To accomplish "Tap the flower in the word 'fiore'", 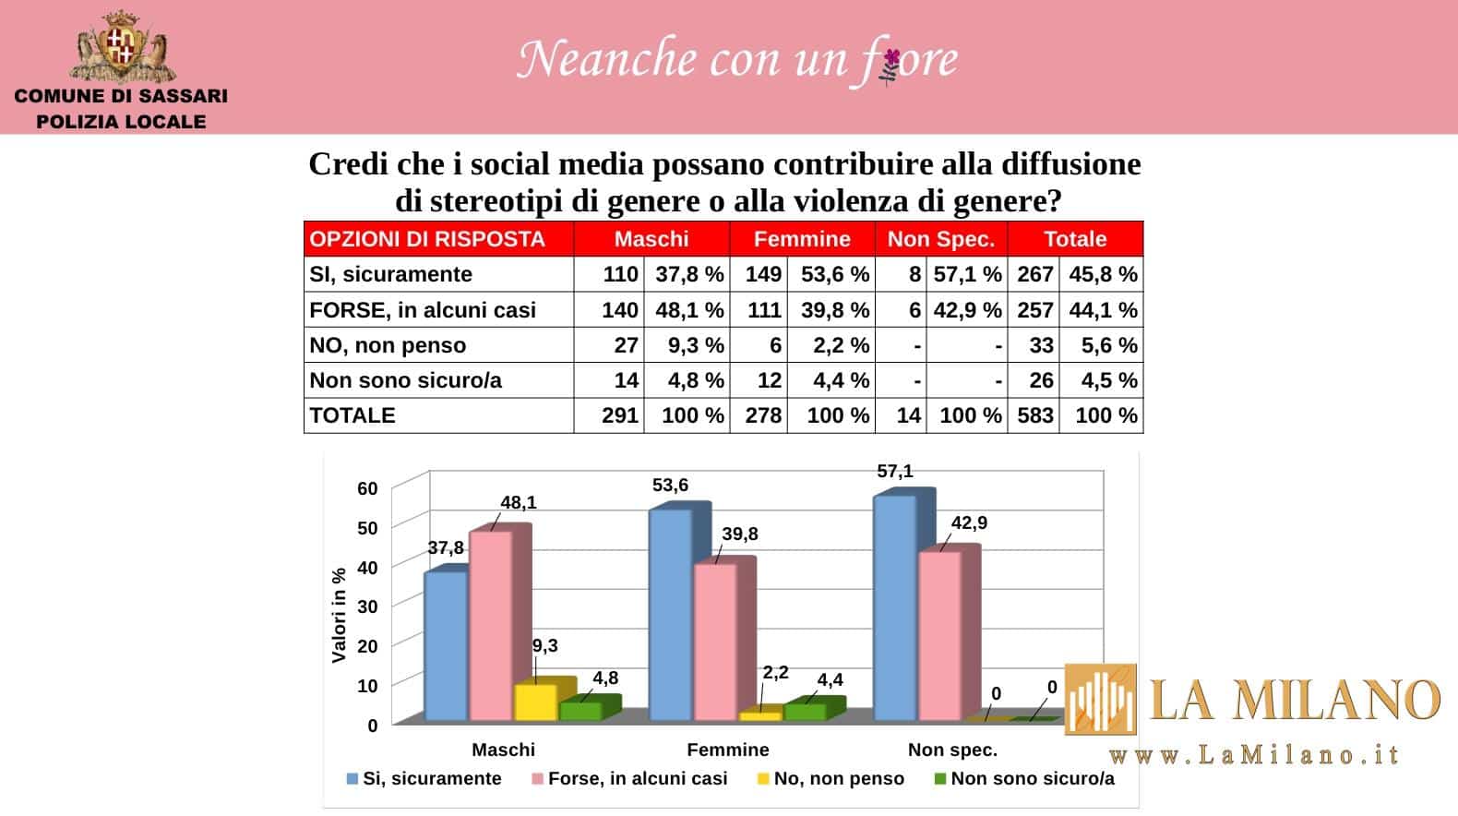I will pyautogui.click(x=890, y=64).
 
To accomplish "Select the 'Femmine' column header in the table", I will pyautogui.click(x=802, y=239).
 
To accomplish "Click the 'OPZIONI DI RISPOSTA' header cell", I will pyautogui.click(x=427, y=239).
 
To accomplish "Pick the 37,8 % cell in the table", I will pyautogui.click(x=688, y=274).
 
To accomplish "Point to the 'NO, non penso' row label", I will pyautogui.click(x=388, y=345).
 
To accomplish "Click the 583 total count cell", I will pyautogui.click(x=1035, y=415).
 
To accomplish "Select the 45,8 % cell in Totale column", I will pyautogui.click(x=1103, y=274).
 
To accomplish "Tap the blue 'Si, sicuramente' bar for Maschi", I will pyautogui.click(x=445, y=646).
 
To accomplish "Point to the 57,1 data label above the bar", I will pyautogui.click(x=894, y=472).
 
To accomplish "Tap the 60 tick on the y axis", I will pyautogui.click(x=367, y=488).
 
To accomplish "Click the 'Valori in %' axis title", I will pyautogui.click(x=339, y=615).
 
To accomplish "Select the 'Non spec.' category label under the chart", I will pyautogui.click(x=952, y=750).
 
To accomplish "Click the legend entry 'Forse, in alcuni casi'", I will pyautogui.click(x=637, y=779).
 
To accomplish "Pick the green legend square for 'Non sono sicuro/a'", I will pyautogui.click(x=940, y=779).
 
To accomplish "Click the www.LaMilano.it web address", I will pyautogui.click(x=1254, y=755).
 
